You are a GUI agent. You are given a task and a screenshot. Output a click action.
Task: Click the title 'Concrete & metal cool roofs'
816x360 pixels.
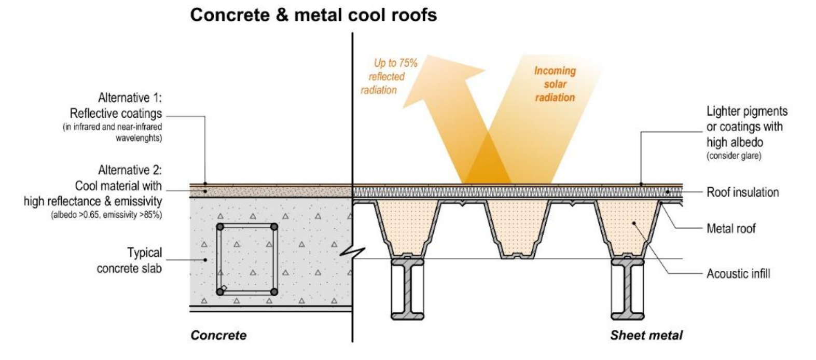pos(313,15)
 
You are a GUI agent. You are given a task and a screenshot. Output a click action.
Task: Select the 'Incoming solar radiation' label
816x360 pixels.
pos(555,84)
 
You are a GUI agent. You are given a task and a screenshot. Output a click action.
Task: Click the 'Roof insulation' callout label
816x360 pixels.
pos(742,192)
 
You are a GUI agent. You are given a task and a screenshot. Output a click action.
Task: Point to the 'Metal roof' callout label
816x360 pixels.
pos(730,228)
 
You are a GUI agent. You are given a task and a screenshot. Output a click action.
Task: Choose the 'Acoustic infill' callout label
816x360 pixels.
pos(738,273)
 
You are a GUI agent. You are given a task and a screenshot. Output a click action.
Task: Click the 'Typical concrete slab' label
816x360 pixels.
pos(129,260)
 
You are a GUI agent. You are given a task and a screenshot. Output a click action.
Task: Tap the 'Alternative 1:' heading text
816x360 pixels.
pos(130,98)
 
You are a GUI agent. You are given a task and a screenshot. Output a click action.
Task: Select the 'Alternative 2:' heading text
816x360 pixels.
pos(130,170)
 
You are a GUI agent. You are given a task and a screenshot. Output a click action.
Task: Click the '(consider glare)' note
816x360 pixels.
pos(734,156)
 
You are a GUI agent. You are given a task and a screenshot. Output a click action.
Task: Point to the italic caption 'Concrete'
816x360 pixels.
pos(218,335)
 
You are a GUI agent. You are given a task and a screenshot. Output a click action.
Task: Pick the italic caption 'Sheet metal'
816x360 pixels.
pos(646,335)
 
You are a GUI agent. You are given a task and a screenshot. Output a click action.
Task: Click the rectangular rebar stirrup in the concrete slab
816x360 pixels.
pos(247,259)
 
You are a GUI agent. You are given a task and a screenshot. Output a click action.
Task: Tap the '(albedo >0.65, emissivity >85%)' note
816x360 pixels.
pos(106,215)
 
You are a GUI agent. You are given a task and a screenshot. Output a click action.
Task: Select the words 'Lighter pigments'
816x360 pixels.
pos(746,111)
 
